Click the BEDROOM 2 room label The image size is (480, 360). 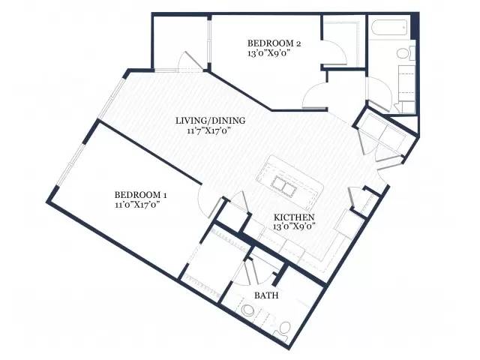274,43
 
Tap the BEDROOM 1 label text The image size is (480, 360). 140,195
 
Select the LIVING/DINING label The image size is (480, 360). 210,121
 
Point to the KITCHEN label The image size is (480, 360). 294,217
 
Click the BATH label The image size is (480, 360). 266,295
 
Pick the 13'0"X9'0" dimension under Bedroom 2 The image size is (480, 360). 268,53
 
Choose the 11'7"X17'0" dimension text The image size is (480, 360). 208,130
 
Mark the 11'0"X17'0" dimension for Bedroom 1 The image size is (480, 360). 137,205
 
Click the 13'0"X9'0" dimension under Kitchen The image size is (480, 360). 294,226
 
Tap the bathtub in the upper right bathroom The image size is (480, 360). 390,28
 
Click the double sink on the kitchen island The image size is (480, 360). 283,186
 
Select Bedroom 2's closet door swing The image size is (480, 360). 334,52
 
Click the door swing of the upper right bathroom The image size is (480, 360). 379,93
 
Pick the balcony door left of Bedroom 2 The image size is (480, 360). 190,61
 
